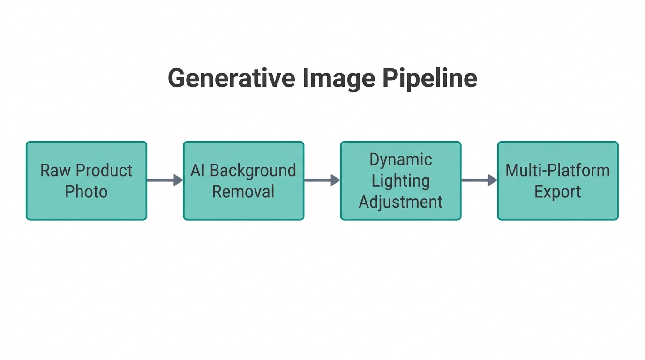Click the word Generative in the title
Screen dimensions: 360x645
(231, 78)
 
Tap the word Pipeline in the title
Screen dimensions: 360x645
(430, 78)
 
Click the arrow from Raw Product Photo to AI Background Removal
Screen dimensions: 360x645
(165, 180)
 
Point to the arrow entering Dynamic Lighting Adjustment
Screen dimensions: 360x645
(322, 180)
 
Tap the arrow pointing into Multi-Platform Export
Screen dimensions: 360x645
(479, 180)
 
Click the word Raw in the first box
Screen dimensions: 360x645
(53, 170)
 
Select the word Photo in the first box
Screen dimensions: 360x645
(86, 191)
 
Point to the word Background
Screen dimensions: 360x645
(253, 170)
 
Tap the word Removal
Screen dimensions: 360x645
(243, 191)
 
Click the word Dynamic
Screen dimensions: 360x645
(401, 160)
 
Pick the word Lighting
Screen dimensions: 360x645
(401, 181)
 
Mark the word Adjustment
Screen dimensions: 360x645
(401, 202)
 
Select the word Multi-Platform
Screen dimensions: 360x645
(558, 170)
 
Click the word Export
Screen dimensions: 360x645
(558, 191)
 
